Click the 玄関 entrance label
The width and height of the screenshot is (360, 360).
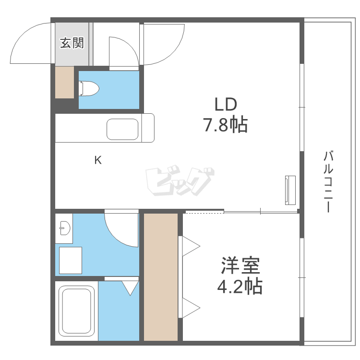[x=72, y=43]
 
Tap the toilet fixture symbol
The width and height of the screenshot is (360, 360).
[x=89, y=88]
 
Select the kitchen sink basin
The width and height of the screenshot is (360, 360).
[x=122, y=129]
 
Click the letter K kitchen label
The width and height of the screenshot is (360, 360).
[x=97, y=160]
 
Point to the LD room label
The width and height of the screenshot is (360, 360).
[x=226, y=104]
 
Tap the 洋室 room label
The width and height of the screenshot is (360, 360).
[x=240, y=265]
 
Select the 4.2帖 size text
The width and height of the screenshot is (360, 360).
[x=240, y=287]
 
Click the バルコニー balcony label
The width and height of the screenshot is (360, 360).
[x=328, y=181]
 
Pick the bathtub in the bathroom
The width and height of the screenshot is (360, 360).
[x=76, y=312]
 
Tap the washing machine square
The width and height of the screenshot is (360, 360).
[x=70, y=260]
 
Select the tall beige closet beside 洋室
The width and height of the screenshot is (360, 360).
[x=161, y=277]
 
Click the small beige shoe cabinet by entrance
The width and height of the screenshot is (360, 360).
[x=64, y=82]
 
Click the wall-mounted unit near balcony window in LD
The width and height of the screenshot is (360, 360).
[x=290, y=190]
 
